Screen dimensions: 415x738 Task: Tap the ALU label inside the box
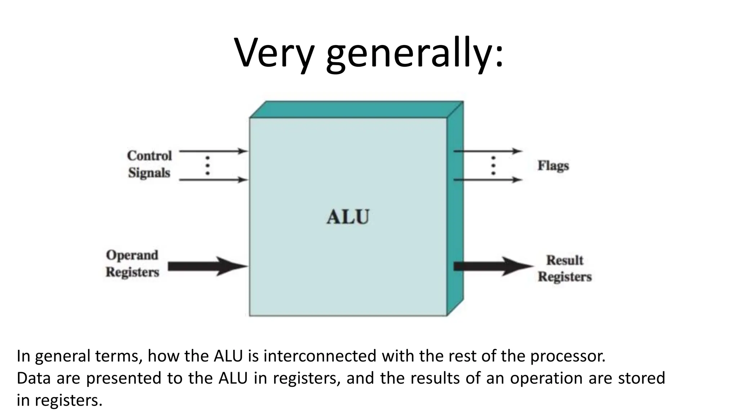tap(348, 217)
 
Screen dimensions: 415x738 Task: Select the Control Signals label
tap(149, 164)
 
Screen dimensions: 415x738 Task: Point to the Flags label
tap(553, 166)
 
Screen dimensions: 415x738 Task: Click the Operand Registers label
tap(132, 263)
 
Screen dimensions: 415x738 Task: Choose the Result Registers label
tap(565, 268)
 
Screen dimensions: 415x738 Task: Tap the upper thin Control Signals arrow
tap(213, 151)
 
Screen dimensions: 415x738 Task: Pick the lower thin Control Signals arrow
tap(213, 179)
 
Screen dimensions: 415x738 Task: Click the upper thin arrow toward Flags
tap(486, 151)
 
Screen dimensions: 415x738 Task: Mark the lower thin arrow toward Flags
tap(486, 179)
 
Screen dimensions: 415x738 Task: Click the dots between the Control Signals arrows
tap(208, 166)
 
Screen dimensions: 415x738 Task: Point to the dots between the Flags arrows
tap(493, 166)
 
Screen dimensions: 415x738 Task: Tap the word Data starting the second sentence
tap(34, 378)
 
